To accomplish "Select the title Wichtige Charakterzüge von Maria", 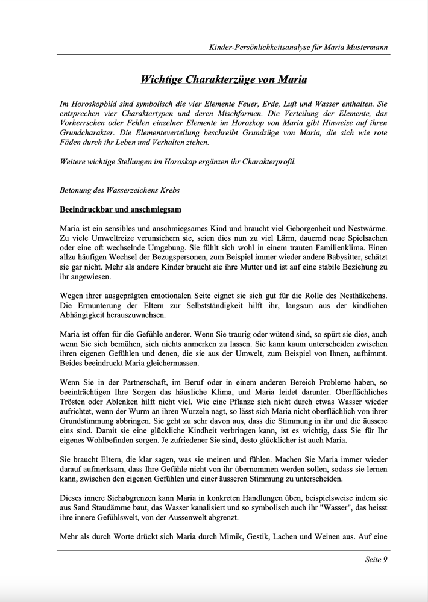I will click(224, 79).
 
